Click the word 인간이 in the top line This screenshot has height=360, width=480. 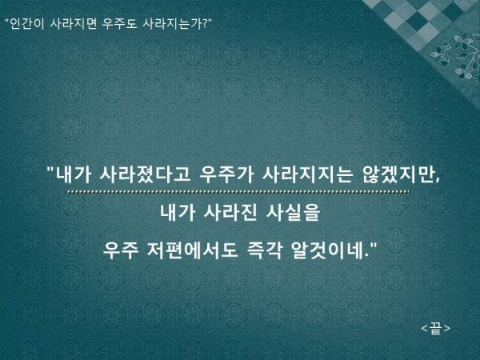(x=27, y=23)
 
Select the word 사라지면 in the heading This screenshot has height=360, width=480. (x=73, y=23)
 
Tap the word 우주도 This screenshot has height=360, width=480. (x=119, y=23)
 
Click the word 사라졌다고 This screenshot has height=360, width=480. (x=145, y=174)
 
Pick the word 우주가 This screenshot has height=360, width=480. (x=226, y=174)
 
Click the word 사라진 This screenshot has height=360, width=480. (x=230, y=212)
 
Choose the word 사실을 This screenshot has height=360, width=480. (x=294, y=212)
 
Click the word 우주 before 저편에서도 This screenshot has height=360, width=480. (x=121, y=250)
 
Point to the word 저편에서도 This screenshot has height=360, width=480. (x=192, y=250)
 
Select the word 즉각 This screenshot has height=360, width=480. (x=264, y=250)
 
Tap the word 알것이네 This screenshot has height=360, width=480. (x=327, y=250)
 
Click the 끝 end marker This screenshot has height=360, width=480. (x=436, y=328)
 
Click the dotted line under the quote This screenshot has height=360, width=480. (x=238, y=192)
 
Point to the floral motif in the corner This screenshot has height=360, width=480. (x=457, y=56)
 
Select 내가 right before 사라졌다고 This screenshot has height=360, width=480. (x=74, y=174)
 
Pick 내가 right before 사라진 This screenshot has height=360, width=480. (x=178, y=212)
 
